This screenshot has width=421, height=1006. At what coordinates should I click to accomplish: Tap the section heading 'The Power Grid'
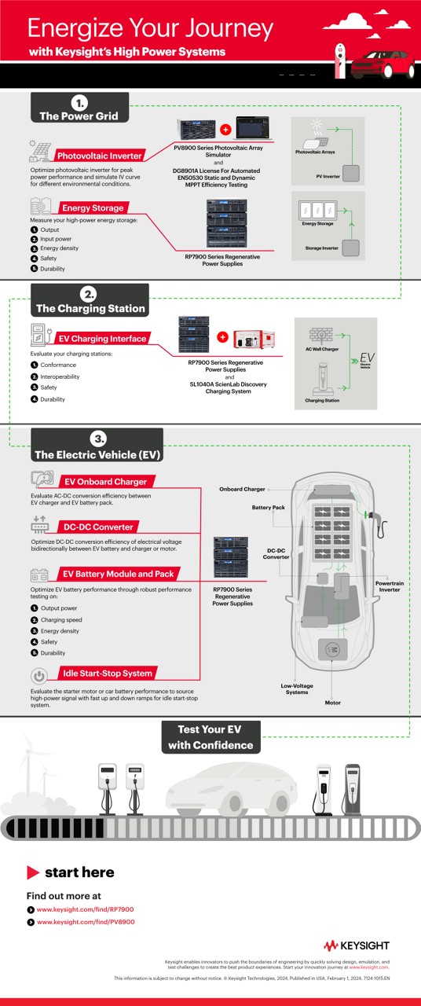(79, 116)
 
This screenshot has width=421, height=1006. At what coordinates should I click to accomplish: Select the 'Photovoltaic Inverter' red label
(99, 156)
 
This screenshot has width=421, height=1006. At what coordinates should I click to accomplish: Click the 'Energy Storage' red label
(93, 208)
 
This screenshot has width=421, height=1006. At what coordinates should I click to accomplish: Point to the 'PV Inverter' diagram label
(327, 178)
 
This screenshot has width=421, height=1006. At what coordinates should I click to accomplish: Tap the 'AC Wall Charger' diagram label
(322, 348)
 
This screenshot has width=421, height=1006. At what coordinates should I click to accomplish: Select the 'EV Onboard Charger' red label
(104, 481)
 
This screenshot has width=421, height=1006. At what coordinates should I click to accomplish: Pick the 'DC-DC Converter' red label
(98, 527)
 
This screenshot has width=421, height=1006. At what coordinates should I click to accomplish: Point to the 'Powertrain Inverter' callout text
(390, 586)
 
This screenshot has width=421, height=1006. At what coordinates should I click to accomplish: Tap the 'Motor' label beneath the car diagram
(333, 703)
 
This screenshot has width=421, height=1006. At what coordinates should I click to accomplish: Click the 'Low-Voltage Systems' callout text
(297, 688)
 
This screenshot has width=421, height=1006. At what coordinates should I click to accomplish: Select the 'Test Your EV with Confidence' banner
(210, 738)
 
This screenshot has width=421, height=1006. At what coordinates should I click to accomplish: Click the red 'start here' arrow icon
(33, 872)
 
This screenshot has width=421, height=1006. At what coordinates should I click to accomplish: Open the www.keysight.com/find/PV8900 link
(86, 921)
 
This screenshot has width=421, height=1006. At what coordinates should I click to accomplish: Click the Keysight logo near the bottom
(356, 945)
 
